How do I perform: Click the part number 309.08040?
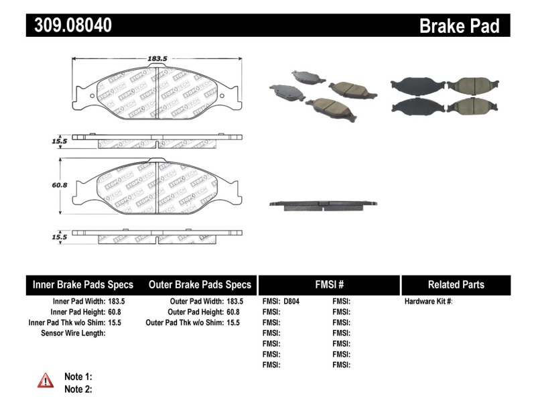pyautogui.click(x=69, y=26)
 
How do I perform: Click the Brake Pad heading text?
pyautogui.click(x=459, y=26)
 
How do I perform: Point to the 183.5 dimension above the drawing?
pyautogui.click(x=157, y=59)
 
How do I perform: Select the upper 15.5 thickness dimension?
pyautogui.click(x=60, y=141)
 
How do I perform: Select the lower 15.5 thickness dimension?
pyautogui.click(x=60, y=237)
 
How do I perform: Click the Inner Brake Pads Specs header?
pyautogui.click(x=83, y=284)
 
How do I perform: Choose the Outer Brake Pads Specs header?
pyautogui.click(x=200, y=284)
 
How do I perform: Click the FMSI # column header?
pyautogui.click(x=329, y=284)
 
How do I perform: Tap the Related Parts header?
pyautogui.click(x=456, y=284)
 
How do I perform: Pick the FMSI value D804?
pyautogui.click(x=291, y=302)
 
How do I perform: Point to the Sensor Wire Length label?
pyautogui.click(x=74, y=333)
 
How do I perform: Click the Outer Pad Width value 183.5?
pyautogui.click(x=235, y=302)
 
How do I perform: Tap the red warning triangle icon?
pyautogui.click(x=46, y=381)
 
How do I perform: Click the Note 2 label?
pyautogui.click(x=78, y=389)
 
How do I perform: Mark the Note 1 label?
pyautogui.click(x=78, y=377)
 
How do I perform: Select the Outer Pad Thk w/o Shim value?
pyautogui.click(x=233, y=322)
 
